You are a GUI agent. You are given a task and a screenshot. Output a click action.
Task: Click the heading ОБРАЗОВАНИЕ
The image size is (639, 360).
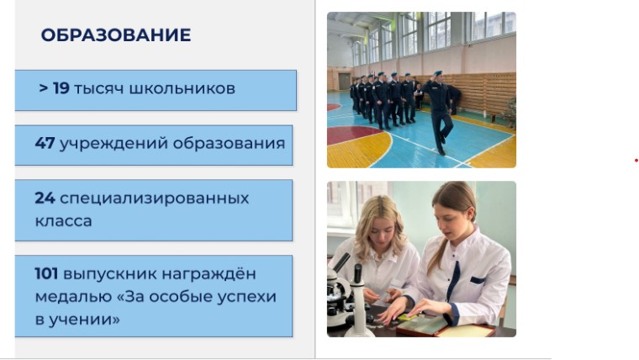(116, 35)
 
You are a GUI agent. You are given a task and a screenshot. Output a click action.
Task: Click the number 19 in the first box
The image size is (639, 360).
(61, 88)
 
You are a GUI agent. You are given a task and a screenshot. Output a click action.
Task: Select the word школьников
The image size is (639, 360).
(182, 88)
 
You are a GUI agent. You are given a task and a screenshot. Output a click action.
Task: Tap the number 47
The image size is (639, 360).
(45, 143)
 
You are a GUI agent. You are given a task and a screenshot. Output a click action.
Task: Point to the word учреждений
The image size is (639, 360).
(114, 144)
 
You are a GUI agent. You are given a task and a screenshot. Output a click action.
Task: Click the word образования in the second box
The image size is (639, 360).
(229, 144)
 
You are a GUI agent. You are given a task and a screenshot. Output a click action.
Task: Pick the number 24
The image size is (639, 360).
(45, 199)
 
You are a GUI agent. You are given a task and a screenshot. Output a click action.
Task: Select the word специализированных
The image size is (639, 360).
(155, 199)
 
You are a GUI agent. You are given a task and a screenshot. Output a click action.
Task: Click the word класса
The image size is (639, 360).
(64, 221)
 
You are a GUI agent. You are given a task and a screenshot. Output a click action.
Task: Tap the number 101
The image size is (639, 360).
(46, 273)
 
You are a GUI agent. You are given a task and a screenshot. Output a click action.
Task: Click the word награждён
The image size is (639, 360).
(209, 273)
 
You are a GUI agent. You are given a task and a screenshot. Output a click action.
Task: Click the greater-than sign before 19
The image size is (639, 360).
(43, 88)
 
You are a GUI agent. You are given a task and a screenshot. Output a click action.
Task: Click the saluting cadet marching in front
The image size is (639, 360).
(439, 112)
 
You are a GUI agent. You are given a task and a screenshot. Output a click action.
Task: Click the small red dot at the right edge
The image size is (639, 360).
(636, 161)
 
